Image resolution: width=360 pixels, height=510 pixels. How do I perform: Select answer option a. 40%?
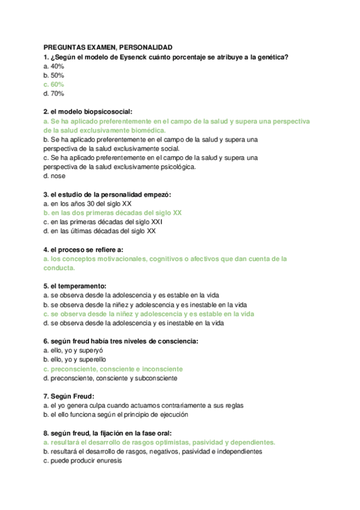click(x=54, y=66)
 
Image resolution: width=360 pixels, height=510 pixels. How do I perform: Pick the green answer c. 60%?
click(x=54, y=84)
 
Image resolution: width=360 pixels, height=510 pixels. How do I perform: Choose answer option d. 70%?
click(x=54, y=93)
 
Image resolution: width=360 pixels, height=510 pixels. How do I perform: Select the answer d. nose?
click(x=55, y=176)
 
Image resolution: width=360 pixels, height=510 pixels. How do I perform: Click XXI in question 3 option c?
click(x=156, y=222)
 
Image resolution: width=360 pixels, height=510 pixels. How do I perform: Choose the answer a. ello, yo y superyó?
click(x=74, y=350)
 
